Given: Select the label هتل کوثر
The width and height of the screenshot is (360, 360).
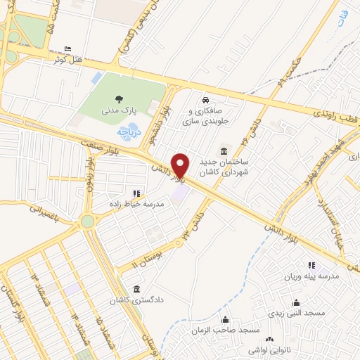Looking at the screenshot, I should click(68, 59).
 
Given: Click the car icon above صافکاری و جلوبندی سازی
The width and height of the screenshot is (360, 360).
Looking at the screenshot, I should click(205, 101).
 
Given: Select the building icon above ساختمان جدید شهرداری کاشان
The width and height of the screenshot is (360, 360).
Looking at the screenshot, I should click(224, 150).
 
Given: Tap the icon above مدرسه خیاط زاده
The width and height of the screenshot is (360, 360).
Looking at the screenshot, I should click(136, 193).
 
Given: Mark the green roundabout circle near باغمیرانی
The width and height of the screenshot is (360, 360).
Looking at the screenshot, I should click(87, 222).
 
